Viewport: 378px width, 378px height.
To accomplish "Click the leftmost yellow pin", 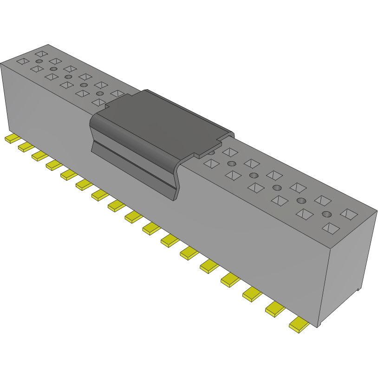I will tap(12, 139).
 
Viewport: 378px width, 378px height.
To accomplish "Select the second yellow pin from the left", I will tap(25, 147).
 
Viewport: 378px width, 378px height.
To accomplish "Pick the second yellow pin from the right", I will tap(275, 309).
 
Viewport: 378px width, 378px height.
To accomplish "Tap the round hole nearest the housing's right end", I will tap(327, 215).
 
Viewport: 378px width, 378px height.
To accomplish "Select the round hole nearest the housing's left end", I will tap(39, 61).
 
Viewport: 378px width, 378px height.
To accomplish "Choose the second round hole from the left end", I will tap(54, 69).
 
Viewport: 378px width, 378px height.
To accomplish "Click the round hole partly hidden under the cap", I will tap(212, 152).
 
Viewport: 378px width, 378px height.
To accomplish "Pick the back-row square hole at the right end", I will tap(349, 213).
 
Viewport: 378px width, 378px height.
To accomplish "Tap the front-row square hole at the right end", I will tap(332, 228).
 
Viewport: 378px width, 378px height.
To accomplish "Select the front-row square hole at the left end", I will tap(22, 60).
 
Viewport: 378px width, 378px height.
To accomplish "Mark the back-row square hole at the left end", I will tap(41, 53).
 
